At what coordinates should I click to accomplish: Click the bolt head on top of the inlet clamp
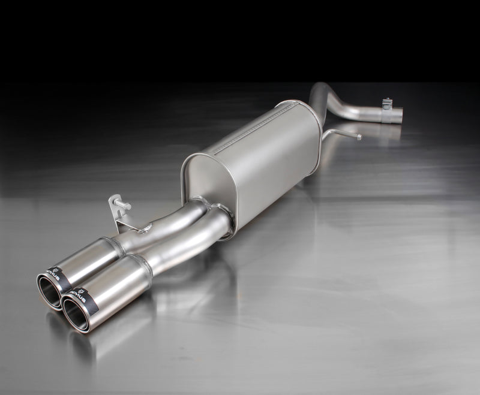[x=387, y=101]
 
